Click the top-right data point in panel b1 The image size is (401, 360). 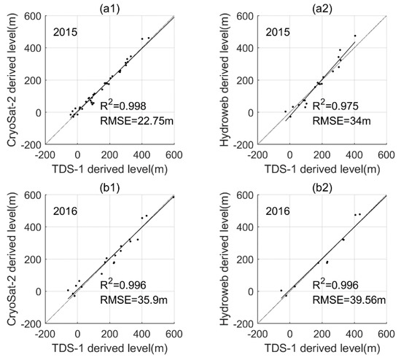click(x=174, y=197)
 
